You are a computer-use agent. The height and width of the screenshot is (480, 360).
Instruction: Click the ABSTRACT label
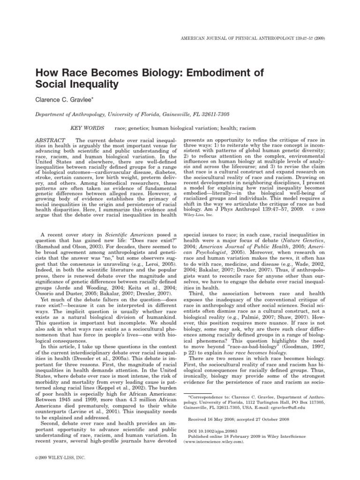coord(51,140)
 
